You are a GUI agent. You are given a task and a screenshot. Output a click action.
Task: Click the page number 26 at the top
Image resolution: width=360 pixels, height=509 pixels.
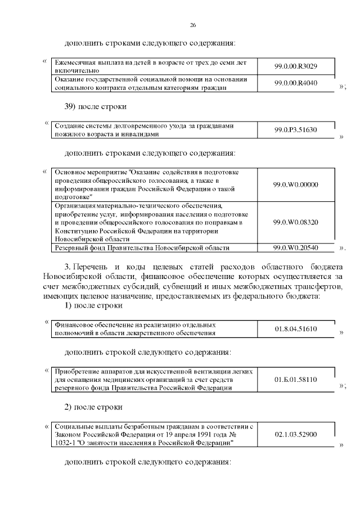(x=193, y=25)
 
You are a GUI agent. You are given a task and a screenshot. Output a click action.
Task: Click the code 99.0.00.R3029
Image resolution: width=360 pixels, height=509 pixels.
(x=296, y=66)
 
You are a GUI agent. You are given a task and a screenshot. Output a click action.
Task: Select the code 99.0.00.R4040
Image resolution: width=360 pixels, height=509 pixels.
(x=296, y=83)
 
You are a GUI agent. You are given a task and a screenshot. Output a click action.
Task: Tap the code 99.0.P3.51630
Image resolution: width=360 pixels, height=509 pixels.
(x=296, y=130)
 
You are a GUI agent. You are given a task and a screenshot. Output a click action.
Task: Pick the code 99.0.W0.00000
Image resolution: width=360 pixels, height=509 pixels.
(x=296, y=184)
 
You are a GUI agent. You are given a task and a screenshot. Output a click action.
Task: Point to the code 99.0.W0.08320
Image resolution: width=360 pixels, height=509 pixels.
(x=296, y=222)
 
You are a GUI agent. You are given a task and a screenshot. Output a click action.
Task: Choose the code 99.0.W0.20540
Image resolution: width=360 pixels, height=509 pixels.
(x=296, y=247)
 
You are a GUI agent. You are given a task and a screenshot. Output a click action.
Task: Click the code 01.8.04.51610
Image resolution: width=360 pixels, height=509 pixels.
(x=296, y=328)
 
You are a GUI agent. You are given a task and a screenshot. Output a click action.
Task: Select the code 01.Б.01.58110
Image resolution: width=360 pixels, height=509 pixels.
(x=296, y=380)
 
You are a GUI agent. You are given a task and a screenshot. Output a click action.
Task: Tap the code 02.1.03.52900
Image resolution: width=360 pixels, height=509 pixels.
(x=296, y=435)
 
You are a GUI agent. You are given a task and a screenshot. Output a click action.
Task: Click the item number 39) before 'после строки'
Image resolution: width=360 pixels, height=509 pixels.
(x=71, y=106)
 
